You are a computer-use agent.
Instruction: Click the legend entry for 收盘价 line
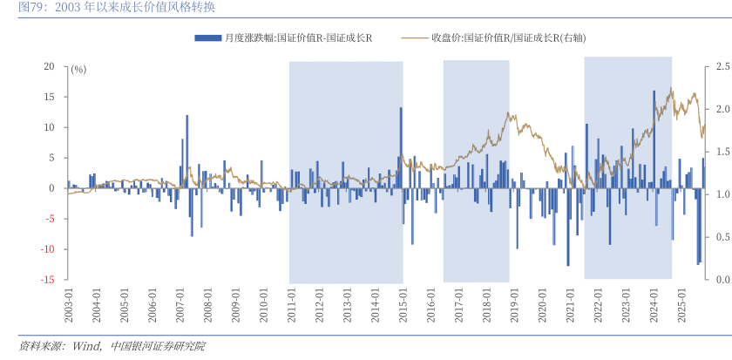point(505,37)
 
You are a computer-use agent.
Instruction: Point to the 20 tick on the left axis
point(50,66)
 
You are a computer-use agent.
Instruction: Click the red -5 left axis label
point(50,219)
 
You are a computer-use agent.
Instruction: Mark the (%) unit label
point(78,69)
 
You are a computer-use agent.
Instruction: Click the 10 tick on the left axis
point(50,127)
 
